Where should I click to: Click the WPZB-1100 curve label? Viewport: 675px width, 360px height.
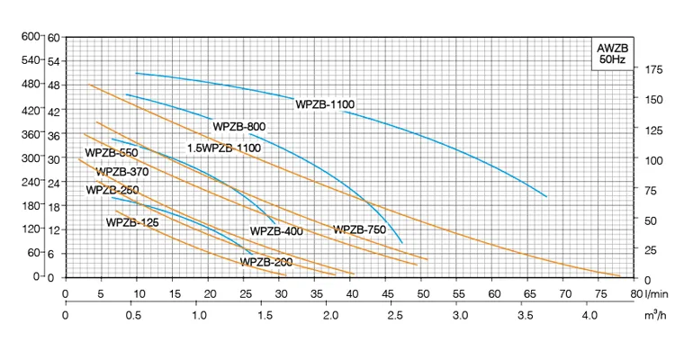[325, 104]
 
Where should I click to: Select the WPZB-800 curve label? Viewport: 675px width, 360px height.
[238, 126]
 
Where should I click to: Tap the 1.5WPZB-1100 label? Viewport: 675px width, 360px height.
[224, 148]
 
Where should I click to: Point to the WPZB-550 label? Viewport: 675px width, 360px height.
[112, 152]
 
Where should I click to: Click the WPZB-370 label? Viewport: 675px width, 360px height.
[122, 171]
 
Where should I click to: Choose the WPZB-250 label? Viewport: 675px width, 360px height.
[112, 190]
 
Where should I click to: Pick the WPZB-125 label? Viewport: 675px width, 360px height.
[132, 221]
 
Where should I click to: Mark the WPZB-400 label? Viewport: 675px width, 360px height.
[276, 230]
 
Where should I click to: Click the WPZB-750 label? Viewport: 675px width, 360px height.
[360, 229]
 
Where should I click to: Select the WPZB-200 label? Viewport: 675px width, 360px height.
[266, 262]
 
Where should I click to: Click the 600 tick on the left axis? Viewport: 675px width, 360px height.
[31, 36]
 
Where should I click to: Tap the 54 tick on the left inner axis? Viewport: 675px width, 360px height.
[53, 60]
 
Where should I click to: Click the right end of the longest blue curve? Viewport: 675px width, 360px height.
[546, 196]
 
